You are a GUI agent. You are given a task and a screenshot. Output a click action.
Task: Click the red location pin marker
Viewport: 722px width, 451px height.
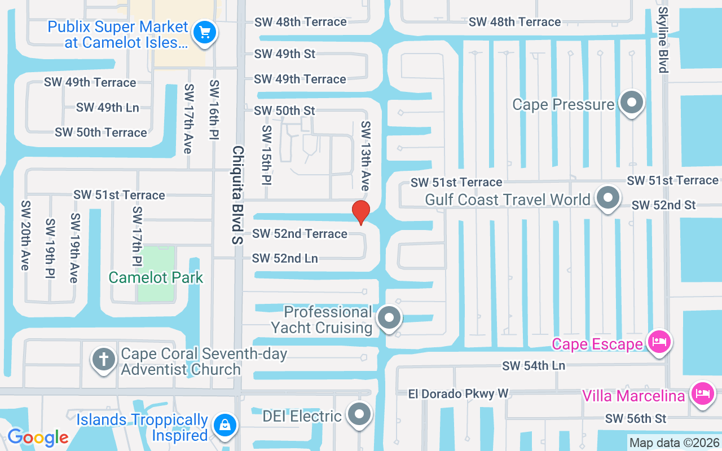pyautogui.click(x=361, y=212)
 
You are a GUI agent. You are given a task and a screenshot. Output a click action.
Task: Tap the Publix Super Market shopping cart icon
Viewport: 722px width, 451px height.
pyautogui.click(x=204, y=33)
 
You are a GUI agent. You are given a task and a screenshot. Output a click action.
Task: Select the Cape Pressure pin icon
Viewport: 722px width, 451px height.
pyautogui.click(x=632, y=103)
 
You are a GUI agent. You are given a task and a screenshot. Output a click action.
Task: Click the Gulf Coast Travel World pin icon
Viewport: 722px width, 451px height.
pyautogui.click(x=607, y=198)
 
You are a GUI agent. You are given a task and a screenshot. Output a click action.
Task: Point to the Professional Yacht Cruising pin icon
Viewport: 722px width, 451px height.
pyautogui.click(x=389, y=318)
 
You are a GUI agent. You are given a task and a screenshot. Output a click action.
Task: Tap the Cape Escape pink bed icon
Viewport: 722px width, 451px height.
pyautogui.click(x=659, y=342)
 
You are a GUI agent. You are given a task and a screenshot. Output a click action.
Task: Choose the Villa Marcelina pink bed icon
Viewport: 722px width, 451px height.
pyautogui.click(x=702, y=393)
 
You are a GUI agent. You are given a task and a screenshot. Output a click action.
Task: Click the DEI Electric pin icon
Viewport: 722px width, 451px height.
pyautogui.click(x=359, y=414)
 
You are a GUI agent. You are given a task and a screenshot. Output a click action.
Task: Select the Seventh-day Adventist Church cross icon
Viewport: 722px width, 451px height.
pyautogui.click(x=104, y=360)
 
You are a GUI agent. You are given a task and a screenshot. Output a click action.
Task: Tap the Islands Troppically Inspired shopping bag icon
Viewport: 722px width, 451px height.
pyautogui.click(x=224, y=425)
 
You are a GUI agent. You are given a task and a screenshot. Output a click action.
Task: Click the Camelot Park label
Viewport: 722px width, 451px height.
pyautogui.click(x=156, y=277)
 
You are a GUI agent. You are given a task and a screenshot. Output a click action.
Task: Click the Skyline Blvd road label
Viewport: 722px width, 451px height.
pyautogui.click(x=663, y=40)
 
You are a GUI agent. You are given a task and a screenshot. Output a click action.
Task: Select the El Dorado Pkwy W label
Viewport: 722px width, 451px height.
pyautogui.click(x=458, y=393)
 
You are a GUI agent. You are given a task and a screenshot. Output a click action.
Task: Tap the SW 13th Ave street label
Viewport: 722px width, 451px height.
pyautogui.click(x=366, y=155)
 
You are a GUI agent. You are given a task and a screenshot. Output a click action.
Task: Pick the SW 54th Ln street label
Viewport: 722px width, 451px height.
pyautogui.click(x=534, y=366)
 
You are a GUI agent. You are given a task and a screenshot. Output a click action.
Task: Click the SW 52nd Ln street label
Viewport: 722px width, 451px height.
pyautogui.click(x=285, y=258)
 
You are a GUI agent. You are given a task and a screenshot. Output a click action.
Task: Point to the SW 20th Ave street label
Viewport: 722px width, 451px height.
pyautogui.click(x=25, y=235)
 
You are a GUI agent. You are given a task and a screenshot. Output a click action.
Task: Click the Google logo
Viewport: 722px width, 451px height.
pyautogui.click(x=38, y=437)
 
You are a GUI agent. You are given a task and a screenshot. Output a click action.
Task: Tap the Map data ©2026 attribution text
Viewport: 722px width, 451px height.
pyautogui.click(x=674, y=443)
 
